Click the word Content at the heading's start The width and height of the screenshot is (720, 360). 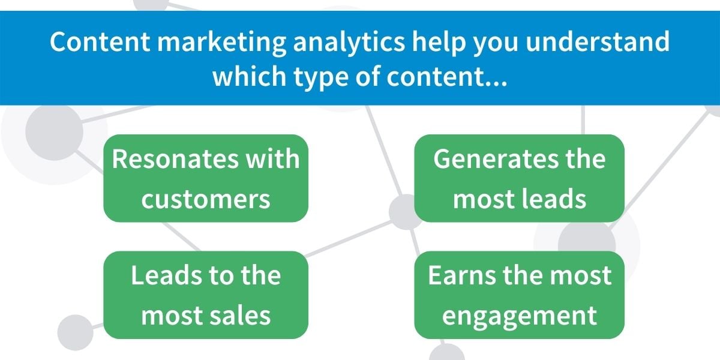[100, 41]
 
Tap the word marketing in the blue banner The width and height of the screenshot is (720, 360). [221, 43]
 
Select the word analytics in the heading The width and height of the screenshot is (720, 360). [349, 43]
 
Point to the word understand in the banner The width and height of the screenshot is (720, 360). [598, 41]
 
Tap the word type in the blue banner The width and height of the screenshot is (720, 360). [321, 78]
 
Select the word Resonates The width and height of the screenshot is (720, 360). [175, 158]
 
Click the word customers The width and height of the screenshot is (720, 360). [206, 200]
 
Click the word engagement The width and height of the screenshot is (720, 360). [520, 317]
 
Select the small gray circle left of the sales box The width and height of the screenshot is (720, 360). [75, 332]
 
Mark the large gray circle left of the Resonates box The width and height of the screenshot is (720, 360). [55, 132]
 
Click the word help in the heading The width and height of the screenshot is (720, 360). [439, 43]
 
